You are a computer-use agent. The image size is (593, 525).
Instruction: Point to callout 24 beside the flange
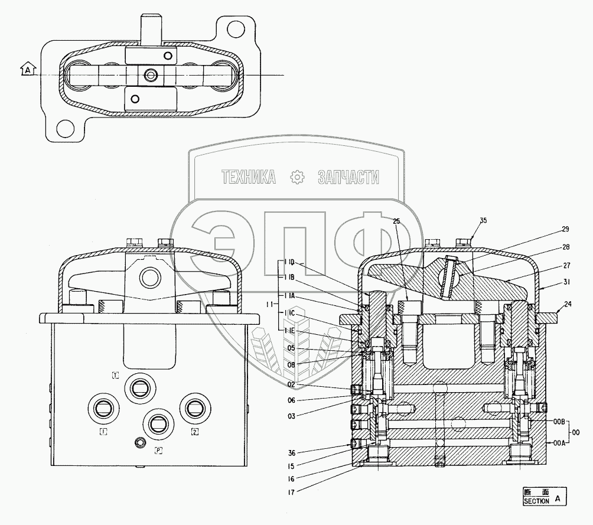[568, 304]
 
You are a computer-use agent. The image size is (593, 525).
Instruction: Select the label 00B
[559, 421]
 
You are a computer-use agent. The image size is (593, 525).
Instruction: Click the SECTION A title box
[543, 496]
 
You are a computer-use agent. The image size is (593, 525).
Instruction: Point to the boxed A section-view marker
[27, 70]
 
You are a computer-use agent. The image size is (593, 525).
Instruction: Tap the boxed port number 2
[194, 432]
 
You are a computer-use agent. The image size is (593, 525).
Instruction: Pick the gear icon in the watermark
[296, 176]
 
